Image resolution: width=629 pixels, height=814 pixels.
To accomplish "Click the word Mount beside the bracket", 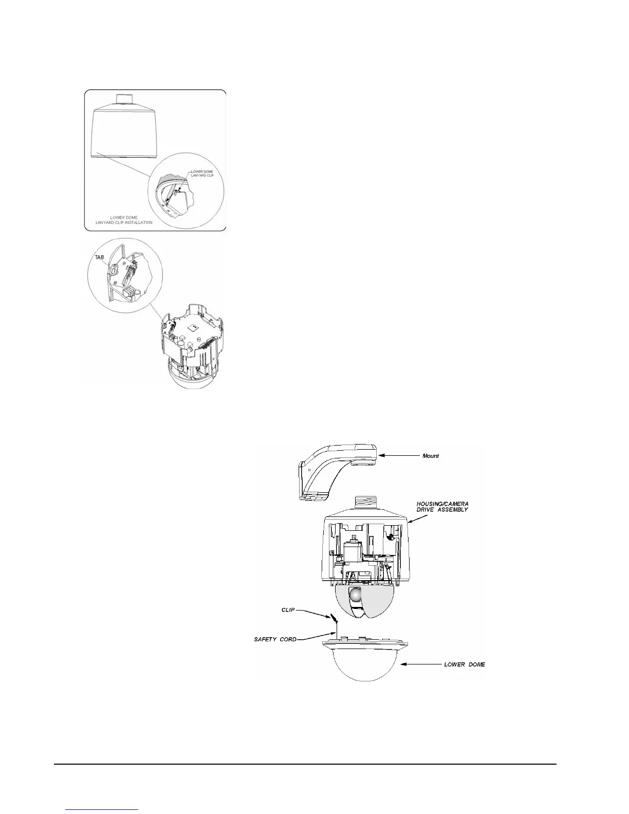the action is [430, 456].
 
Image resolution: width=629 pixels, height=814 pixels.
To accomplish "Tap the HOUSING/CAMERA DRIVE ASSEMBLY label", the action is [442, 506].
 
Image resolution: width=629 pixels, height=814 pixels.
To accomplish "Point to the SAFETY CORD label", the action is [275, 639].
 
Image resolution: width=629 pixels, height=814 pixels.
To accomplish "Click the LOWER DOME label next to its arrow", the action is [464, 664].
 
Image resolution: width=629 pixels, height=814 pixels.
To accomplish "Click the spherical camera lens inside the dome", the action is [356, 595].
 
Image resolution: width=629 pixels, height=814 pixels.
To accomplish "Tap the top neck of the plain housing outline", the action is [124, 98].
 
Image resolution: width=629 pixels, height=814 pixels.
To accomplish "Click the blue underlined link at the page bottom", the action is [103, 809].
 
